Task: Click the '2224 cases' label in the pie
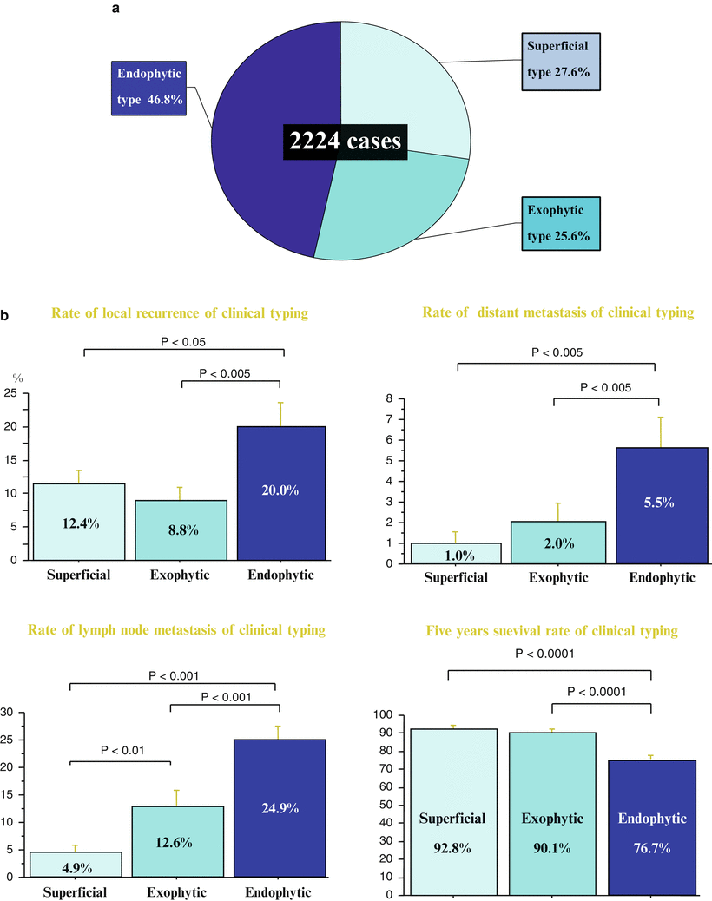tap(344, 140)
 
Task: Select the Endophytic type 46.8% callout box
tap(150, 87)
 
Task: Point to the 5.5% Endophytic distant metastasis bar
tap(657, 504)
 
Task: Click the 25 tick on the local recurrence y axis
tap(12, 394)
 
